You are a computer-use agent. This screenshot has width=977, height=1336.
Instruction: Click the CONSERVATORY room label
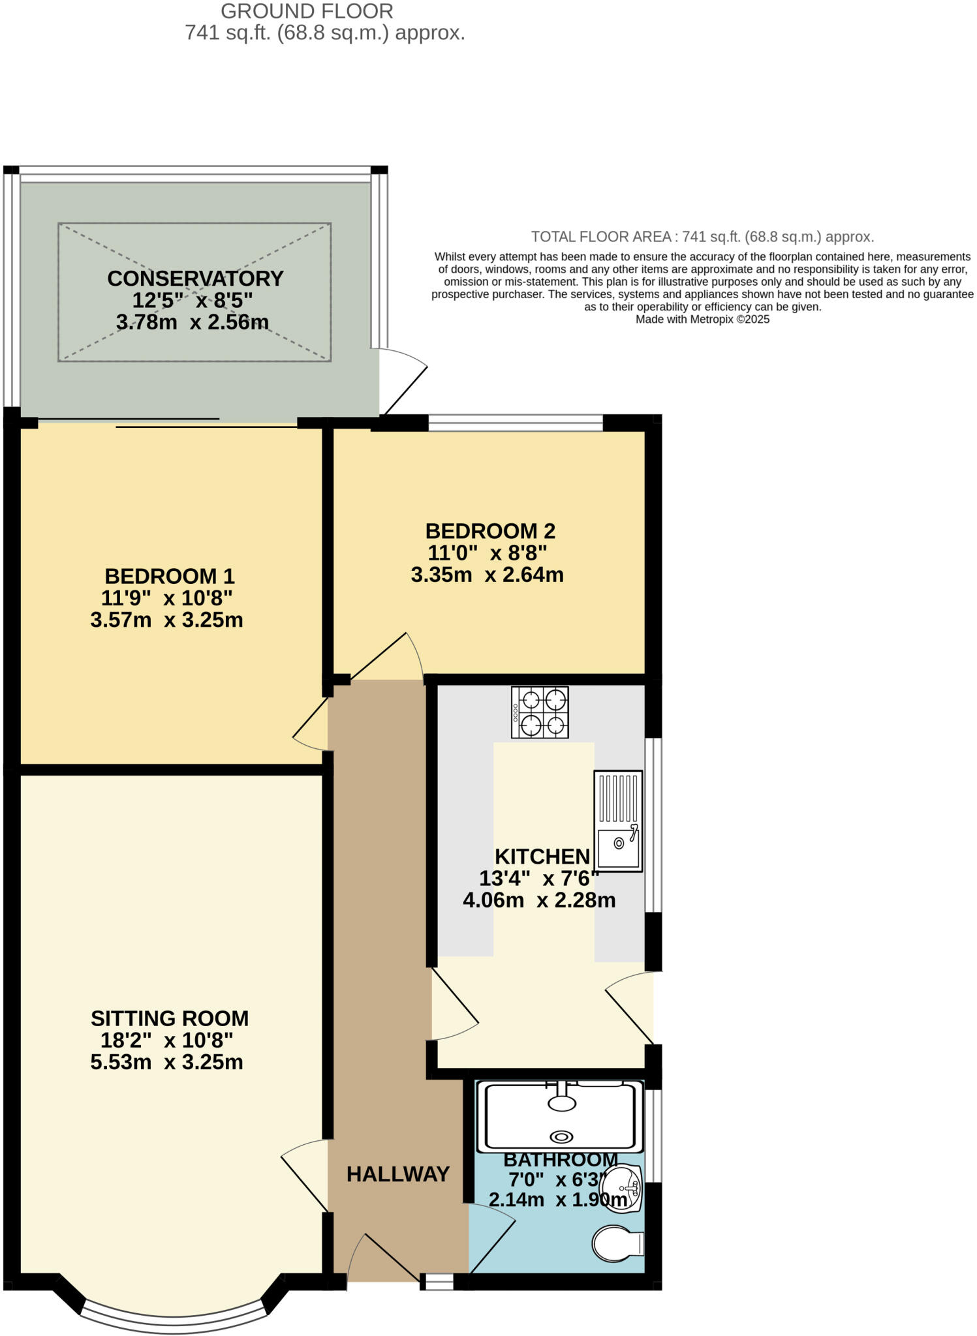(195, 279)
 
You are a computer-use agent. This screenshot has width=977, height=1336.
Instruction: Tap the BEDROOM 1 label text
(169, 576)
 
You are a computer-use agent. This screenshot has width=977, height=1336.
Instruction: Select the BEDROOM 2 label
(490, 531)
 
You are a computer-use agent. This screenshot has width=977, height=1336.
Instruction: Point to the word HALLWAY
(397, 1174)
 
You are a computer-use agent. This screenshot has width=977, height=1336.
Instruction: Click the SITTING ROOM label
(170, 1018)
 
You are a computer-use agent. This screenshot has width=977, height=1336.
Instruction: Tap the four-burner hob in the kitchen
(540, 712)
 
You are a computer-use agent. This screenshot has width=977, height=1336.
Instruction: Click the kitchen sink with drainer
(618, 821)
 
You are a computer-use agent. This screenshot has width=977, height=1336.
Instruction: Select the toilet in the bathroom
(617, 1243)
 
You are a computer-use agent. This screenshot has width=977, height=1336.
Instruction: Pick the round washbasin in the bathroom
(621, 1189)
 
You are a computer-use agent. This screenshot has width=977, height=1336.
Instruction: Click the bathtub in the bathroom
(559, 1117)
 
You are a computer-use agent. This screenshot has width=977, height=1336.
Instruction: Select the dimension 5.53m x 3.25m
(166, 1062)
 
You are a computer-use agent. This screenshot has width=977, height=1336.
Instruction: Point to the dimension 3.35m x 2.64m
(487, 575)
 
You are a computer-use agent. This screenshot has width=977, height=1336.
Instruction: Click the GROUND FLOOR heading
(307, 11)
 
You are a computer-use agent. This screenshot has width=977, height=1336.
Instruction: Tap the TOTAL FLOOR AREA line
(702, 237)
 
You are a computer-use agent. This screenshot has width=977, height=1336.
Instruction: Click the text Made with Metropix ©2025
(702, 320)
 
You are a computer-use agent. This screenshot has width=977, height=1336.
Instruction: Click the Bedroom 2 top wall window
(516, 422)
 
